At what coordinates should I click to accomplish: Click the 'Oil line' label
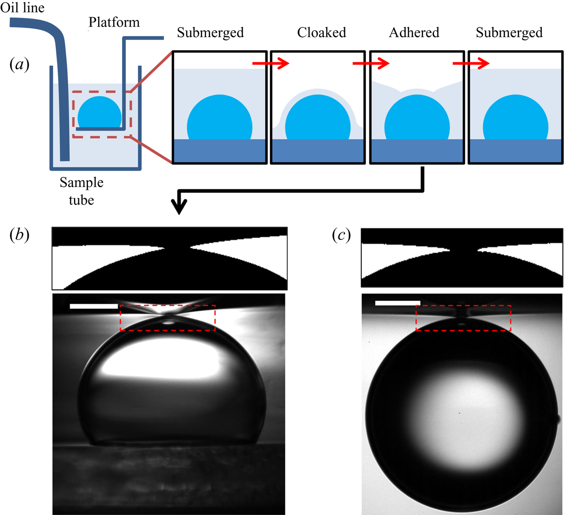coord(22,8)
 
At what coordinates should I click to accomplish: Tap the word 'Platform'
coord(114,22)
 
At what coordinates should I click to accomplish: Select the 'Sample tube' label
coord(81,191)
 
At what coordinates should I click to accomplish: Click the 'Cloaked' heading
coord(321,32)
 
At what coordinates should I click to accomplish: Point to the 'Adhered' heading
coord(414,32)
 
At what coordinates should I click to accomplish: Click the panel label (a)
coord(19,65)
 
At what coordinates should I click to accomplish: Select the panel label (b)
coord(19,234)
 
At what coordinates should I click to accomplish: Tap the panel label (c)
coord(341,235)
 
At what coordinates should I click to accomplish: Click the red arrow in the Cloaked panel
coord(271,64)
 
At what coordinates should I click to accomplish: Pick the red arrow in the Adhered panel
coord(371,64)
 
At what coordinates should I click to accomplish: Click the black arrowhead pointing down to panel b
coord(179,206)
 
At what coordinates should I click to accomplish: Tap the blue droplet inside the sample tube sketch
coord(100,112)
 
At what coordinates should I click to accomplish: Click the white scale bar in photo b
coord(94,306)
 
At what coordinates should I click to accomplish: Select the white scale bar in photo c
coord(397,303)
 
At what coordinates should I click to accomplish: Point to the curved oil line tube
coord(61,88)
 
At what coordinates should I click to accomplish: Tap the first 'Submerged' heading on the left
coord(210,32)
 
